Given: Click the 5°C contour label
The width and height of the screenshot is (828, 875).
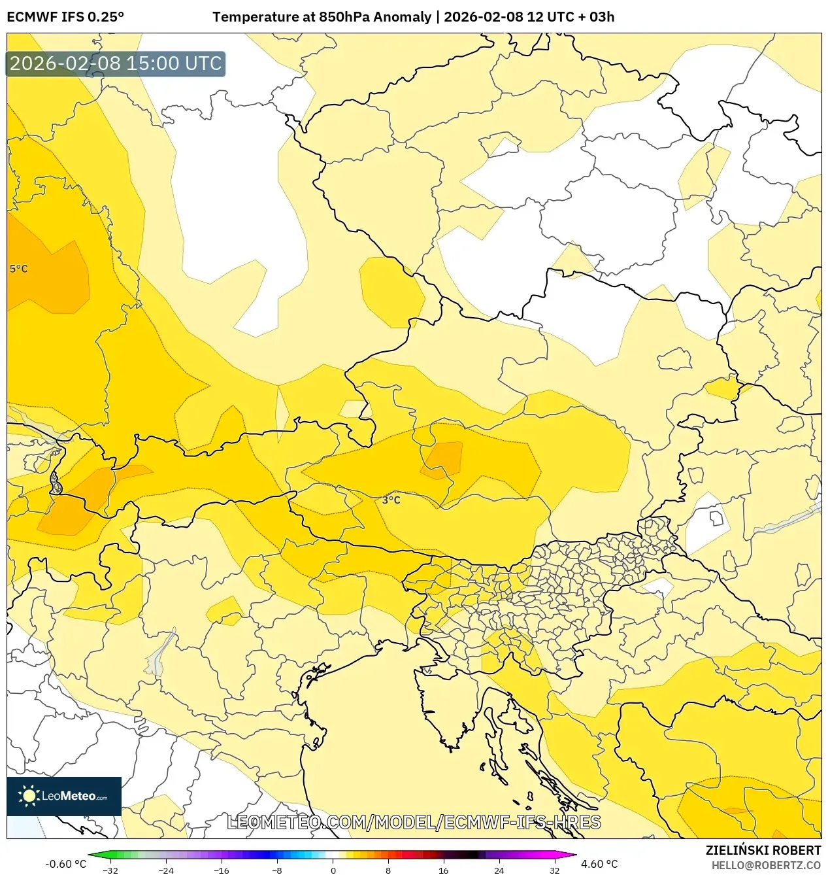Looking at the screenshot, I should tap(18, 269).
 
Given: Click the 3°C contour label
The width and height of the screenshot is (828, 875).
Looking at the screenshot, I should tap(391, 500).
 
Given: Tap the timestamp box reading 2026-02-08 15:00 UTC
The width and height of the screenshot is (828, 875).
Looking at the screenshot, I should tap(116, 64).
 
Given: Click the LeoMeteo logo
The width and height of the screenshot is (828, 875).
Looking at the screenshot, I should tap(64, 796).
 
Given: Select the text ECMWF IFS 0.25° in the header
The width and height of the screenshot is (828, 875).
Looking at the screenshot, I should tap(65, 17).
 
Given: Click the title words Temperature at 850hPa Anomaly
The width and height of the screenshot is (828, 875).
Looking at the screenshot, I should tap(322, 17).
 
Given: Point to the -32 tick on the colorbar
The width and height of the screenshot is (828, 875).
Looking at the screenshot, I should tap(110, 870).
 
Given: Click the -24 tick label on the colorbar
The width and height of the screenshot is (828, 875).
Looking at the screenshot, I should tap(166, 870).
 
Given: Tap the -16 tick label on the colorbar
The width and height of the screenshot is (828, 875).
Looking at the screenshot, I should tap(222, 870).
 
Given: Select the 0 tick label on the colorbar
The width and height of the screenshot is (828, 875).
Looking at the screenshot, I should tap(333, 870).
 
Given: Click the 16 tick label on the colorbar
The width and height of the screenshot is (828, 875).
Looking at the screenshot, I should tap(444, 870).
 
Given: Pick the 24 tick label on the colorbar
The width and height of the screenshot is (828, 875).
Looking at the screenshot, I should tap(499, 870).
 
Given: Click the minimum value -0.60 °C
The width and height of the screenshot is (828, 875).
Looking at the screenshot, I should tap(65, 864).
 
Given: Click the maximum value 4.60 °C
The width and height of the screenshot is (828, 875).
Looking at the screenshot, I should tap(599, 864).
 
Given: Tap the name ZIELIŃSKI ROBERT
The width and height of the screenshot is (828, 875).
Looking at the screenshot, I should tap(763, 850).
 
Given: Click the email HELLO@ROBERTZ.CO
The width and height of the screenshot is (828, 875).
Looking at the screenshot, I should tap(766, 865).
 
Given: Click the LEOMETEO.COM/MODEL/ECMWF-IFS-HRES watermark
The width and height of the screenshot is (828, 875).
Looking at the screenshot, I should tap(414, 822).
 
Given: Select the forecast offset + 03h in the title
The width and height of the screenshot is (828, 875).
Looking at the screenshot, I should tap(593, 17).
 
